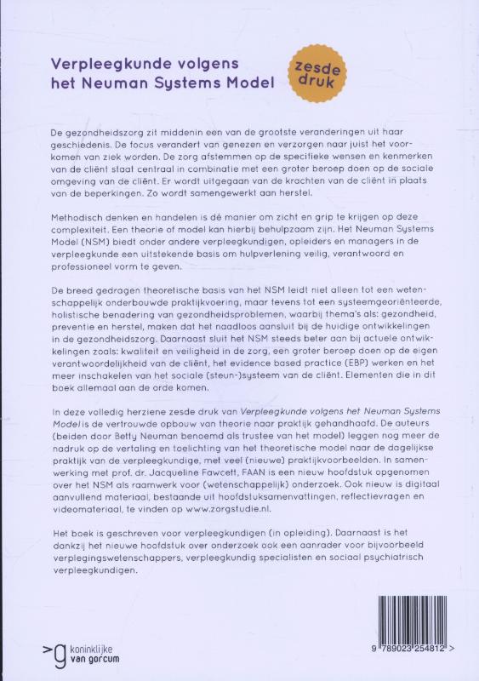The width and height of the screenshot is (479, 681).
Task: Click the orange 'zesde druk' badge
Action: pos(315,77)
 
